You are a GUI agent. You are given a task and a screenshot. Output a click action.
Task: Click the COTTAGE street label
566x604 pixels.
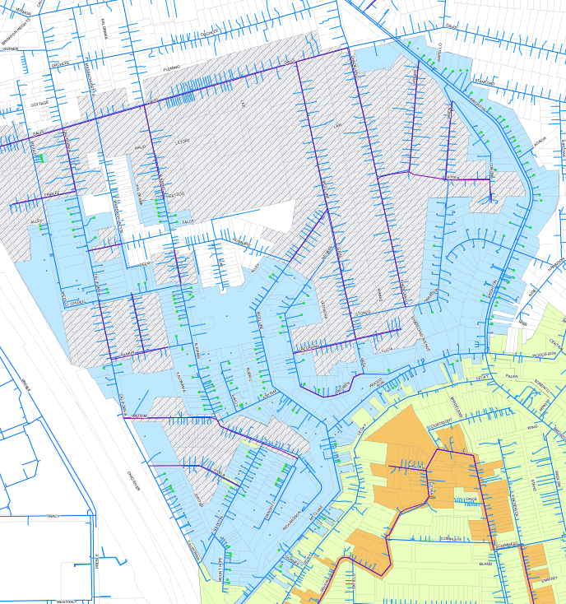tap(39, 105)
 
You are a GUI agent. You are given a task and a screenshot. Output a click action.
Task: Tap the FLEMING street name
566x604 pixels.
tap(171, 68)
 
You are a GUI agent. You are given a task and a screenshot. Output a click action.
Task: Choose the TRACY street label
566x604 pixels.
tap(53, 515)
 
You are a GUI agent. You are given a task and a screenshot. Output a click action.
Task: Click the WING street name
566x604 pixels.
tap(531, 428)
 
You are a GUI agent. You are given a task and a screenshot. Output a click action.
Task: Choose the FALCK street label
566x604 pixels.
tap(188, 221)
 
